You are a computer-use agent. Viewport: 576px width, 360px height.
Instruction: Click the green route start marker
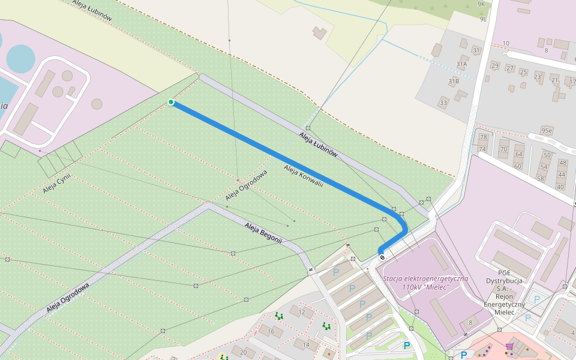[171, 102]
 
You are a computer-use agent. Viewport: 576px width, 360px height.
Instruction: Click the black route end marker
[382, 257]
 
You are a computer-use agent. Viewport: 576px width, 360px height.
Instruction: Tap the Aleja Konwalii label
[304, 176]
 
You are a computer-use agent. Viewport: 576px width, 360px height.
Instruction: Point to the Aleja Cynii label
[57, 181]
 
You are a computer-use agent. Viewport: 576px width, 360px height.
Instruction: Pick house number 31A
[461, 64]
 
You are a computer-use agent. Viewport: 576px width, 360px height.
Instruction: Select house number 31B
[453, 81]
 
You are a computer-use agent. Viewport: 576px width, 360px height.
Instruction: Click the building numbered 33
[443, 103]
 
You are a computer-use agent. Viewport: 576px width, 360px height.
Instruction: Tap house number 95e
[546, 130]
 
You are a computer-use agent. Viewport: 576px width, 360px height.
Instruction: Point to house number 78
[483, 137]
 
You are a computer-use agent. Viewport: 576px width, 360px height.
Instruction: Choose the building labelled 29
[495, 65]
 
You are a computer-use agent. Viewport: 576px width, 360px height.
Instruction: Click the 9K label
[481, 4]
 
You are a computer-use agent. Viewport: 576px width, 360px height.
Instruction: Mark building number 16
[271, 332]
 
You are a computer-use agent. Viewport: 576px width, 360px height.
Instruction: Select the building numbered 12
[302, 312]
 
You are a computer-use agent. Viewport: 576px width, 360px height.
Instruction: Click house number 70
[503, 149]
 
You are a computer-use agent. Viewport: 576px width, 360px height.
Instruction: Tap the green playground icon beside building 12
[278, 315]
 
